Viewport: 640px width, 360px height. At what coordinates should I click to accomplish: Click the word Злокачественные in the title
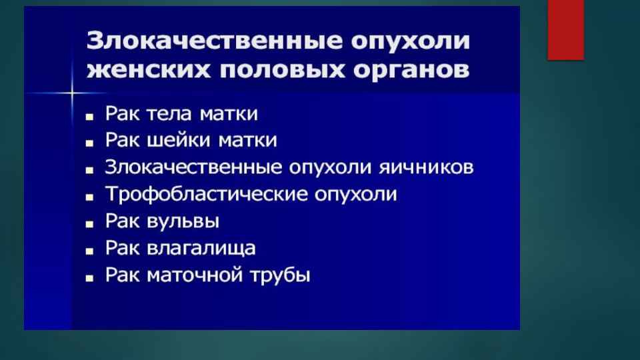(215, 41)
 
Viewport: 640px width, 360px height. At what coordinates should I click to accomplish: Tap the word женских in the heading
(149, 70)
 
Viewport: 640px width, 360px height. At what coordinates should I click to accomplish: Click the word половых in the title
(282, 70)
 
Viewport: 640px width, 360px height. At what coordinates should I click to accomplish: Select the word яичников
(426, 167)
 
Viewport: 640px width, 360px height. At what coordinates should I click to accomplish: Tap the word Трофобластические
(207, 194)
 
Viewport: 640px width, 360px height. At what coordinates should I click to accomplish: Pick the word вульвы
(183, 221)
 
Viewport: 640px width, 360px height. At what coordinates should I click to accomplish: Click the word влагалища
(201, 249)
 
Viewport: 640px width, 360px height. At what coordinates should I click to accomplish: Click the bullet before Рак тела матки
(89, 117)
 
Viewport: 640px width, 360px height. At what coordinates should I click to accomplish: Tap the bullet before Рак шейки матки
(89, 144)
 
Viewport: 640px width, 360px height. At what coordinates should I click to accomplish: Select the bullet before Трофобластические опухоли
(89, 197)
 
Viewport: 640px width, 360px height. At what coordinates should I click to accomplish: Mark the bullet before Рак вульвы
(89, 225)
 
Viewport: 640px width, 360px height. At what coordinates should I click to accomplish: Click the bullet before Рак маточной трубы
(89, 279)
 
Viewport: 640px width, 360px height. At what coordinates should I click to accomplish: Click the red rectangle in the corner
(566, 30)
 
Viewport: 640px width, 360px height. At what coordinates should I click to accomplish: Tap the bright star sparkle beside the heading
(72, 93)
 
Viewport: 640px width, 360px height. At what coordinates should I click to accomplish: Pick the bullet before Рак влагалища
(89, 251)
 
